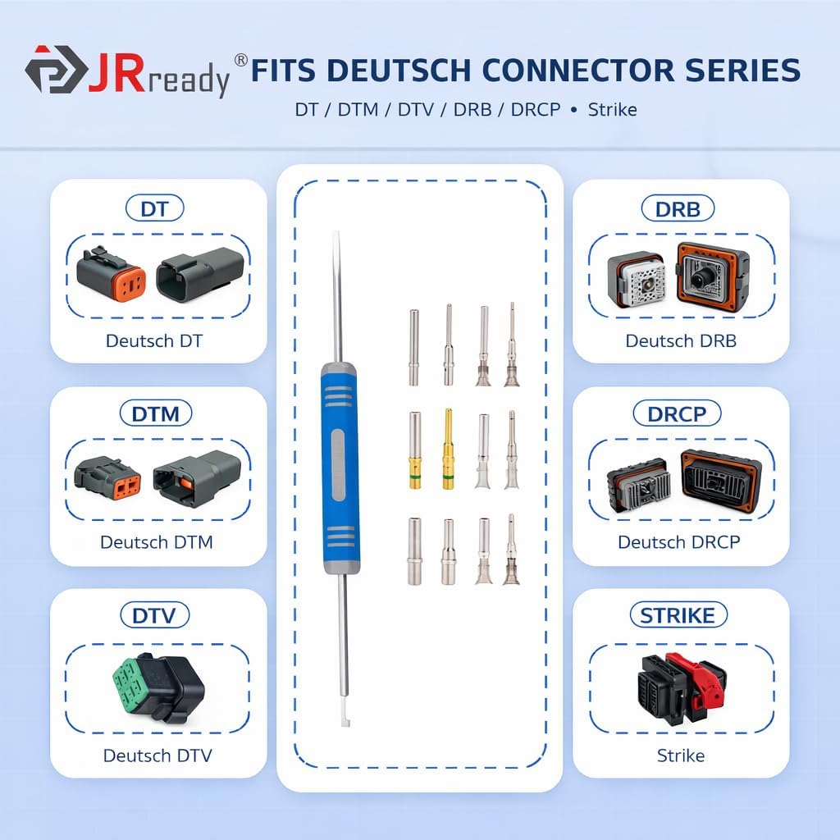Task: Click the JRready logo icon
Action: [x=54, y=70]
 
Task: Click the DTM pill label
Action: [x=155, y=413]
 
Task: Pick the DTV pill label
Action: [x=154, y=615]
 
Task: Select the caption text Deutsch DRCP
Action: [x=678, y=542]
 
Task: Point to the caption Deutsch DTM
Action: [x=156, y=542]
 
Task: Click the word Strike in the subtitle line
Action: [x=612, y=109]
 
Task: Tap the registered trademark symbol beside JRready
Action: [x=240, y=60]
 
